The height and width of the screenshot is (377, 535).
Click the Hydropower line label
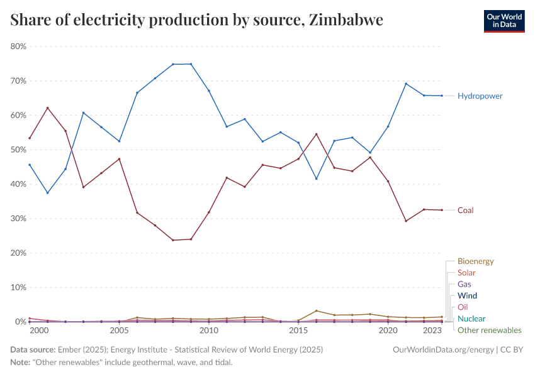click(480, 96)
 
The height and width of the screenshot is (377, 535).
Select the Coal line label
click(465, 210)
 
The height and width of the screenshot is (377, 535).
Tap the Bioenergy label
click(475, 261)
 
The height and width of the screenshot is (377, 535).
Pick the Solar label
click(466, 273)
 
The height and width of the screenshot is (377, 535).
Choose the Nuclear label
click(471, 319)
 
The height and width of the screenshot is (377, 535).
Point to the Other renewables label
click(489, 330)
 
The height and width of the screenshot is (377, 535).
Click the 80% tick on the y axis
click(18, 46)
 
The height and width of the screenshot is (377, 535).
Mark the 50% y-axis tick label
click(18, 150)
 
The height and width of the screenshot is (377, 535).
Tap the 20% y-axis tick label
click(18, 253)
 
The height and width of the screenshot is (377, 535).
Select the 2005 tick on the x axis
click(119, 331)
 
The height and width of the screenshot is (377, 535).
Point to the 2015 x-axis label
click(298, 331)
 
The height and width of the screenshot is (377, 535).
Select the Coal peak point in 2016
click(316, 134)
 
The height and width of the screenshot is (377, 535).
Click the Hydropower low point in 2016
click(316, 178)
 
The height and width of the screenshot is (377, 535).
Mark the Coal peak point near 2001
click(47, 108)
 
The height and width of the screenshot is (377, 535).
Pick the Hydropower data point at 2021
click(406, 84)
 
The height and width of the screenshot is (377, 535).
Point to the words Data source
click(32, 349)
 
